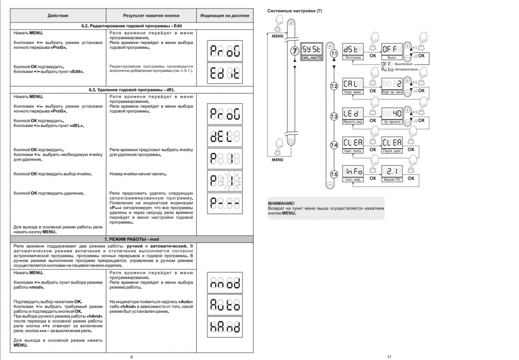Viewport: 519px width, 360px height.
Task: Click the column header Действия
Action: point(58,16)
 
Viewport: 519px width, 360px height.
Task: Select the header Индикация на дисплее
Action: point(225,16)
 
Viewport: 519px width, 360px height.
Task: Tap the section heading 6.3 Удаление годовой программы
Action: point(132,90)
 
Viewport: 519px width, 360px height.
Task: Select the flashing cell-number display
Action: point(225,180)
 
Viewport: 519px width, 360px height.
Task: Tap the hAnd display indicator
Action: point(225,326)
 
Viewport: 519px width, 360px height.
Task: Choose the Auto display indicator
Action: point(225,305)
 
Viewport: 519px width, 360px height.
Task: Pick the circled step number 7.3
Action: point(334,116)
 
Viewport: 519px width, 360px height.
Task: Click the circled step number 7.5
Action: point(334,173)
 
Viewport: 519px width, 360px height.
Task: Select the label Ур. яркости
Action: point(393,122)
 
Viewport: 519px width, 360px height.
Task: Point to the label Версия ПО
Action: point(393,179)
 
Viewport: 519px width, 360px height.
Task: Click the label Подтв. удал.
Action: point(393,151)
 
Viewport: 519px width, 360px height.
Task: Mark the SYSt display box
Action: point(313,49)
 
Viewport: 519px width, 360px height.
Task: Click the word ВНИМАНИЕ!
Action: point(281,204)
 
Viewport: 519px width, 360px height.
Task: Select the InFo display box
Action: point(353,171)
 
